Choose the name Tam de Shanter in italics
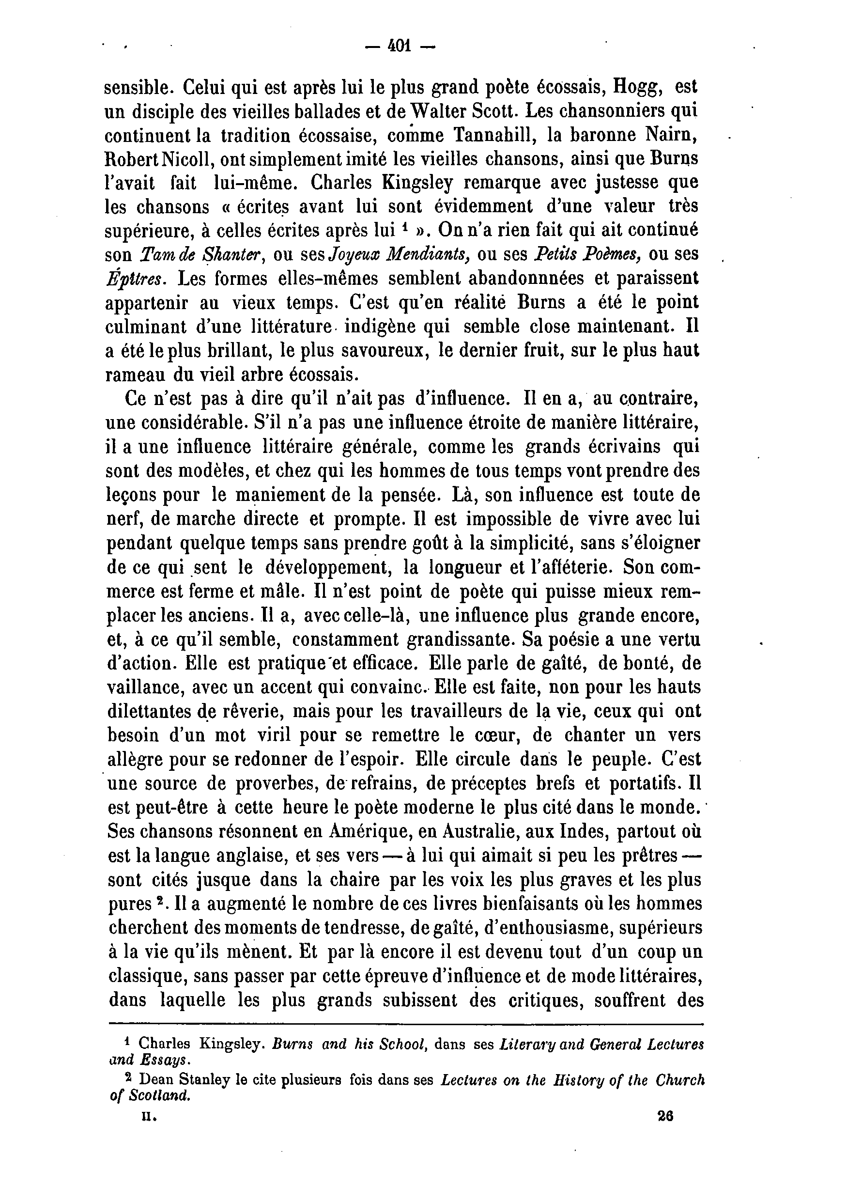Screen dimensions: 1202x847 (x=200, y=254)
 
